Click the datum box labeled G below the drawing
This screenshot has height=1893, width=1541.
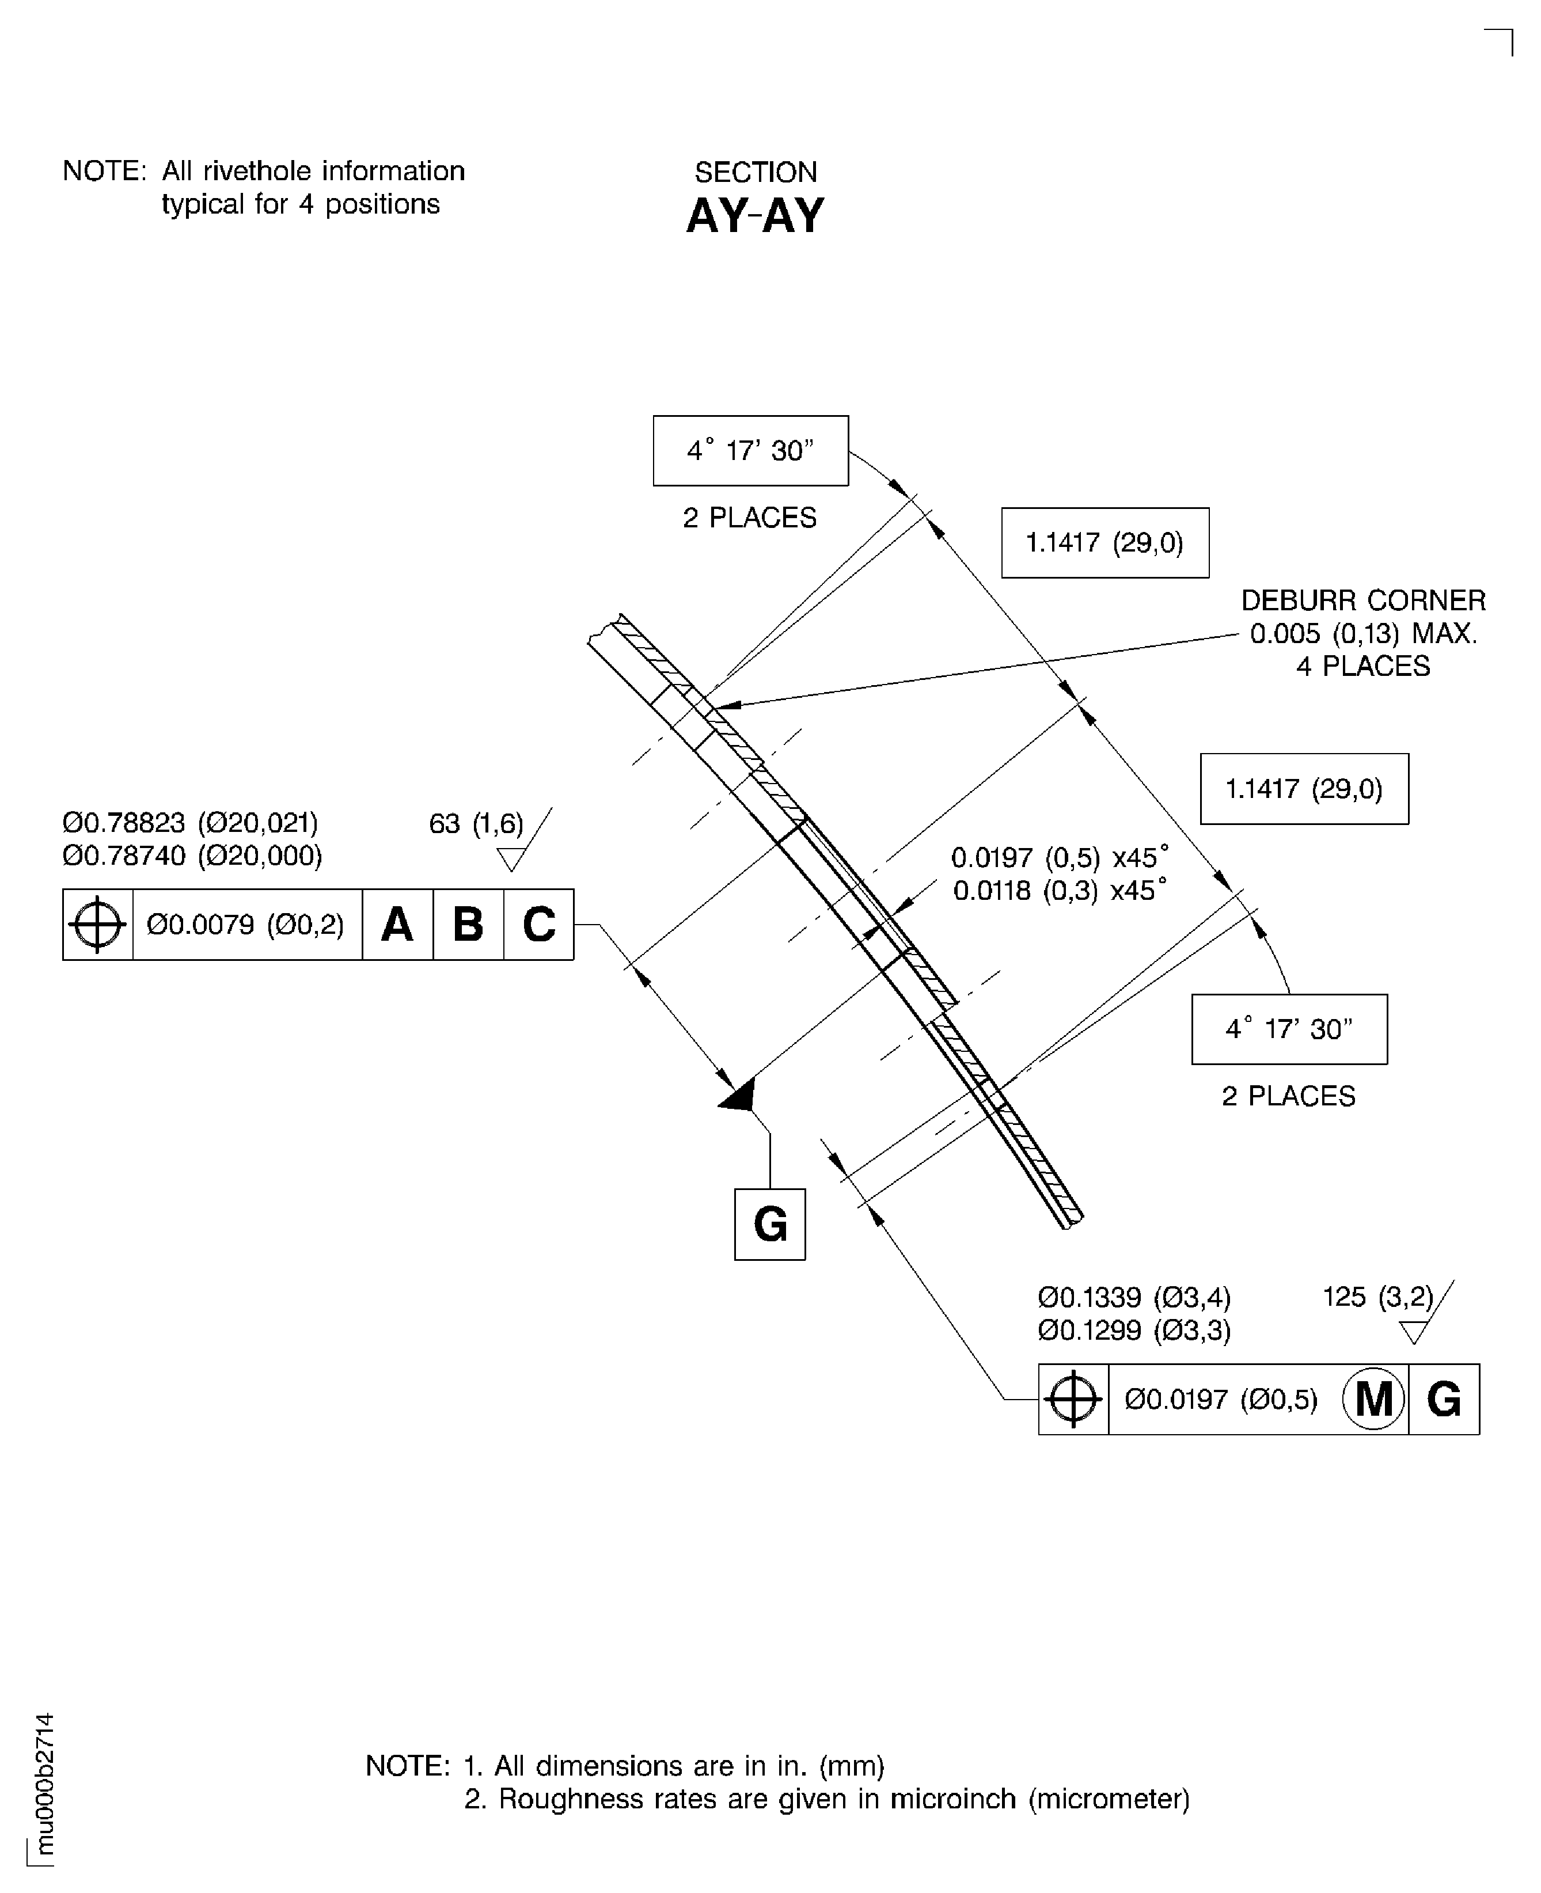tap(769, 1225)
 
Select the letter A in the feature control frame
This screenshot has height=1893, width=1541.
tap(397, 925)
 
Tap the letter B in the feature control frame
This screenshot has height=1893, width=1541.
tap(468, 925)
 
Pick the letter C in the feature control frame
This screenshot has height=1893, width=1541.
tap(539, 925)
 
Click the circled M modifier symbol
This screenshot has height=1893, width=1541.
tap(1373, 1400)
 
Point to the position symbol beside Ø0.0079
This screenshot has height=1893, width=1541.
tap(98, 925)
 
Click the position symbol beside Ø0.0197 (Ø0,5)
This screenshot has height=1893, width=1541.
tap(1073, 1400)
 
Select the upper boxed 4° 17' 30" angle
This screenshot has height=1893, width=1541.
tap(751, 451)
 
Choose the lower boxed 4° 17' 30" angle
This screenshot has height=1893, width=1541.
tap(1289, 1029)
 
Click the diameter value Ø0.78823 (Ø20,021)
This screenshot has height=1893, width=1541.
tap(191, 823)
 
